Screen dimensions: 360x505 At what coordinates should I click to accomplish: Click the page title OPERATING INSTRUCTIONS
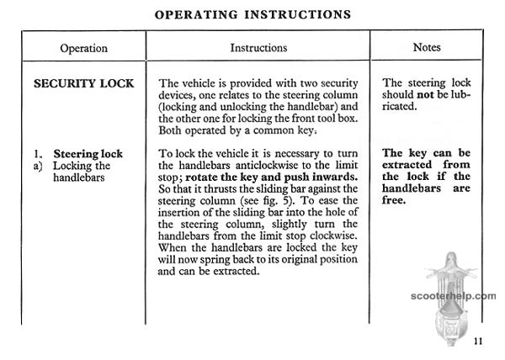click(x=252, y=16)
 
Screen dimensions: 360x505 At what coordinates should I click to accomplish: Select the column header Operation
click(x=83, y=49)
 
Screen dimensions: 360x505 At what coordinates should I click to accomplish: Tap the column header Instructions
click(x=258, y=49)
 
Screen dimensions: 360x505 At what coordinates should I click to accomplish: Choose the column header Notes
click(x=427, y=49)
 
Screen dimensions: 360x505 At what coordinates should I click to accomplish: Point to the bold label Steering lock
click(x=88, y=154)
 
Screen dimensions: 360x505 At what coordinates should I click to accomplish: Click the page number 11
click(x=477, y=341)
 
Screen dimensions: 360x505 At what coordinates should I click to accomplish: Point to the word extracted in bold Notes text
click(x=409, y=166)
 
